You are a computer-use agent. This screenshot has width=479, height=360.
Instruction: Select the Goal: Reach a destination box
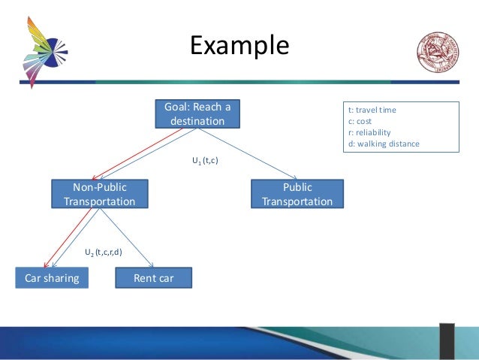[x=197, y=113]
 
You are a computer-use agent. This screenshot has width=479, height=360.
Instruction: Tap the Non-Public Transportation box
[x=100, y=194]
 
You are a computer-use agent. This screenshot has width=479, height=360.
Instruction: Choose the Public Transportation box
[x=297, y=194]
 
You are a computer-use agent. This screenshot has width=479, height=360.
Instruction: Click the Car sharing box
[x=52, y=278]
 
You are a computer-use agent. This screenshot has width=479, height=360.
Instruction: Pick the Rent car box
[x=153, y=278]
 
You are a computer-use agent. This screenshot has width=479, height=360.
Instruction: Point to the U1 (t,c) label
[x=205, y=160]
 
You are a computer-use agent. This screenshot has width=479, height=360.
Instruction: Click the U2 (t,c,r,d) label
[x=103, y=252]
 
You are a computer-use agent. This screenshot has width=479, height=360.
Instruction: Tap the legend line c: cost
[x=360, y=121]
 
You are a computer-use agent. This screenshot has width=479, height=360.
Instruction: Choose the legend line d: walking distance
[x=384, y=144]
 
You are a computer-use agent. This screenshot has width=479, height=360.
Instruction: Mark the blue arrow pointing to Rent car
[x=128, y=238]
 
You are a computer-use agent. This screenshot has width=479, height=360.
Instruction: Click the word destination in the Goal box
[x=197, y=120]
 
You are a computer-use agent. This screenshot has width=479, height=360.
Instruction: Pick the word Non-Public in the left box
[x=99, y=187]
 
